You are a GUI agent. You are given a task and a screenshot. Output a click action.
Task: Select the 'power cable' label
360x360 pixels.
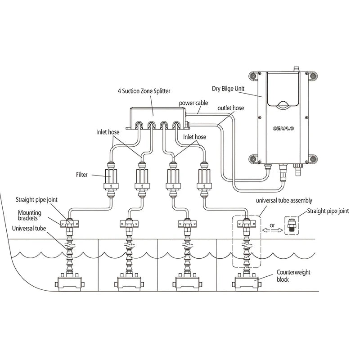tap(193, 103)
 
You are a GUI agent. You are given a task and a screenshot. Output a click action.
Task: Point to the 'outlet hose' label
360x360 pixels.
tap(231, 108)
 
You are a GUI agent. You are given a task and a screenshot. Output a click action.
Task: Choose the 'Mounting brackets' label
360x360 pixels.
tap(31, 216)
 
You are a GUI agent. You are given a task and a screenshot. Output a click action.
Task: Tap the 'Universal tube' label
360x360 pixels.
tap(32, 228)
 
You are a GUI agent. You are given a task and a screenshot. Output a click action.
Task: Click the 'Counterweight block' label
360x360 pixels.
tap(293, 276)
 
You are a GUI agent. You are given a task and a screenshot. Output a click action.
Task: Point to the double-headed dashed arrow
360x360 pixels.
tap(273, 230)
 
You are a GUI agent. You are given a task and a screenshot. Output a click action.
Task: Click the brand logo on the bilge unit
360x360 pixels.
tap(284, 128)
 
